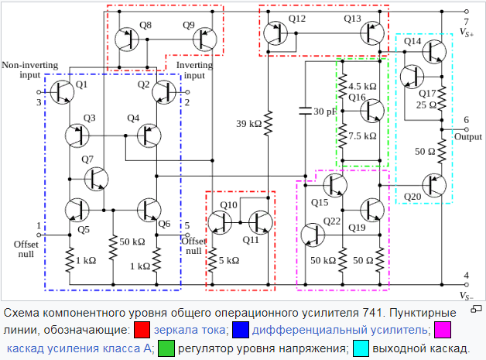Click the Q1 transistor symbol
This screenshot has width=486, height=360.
coord(62,92)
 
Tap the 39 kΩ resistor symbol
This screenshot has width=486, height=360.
coord(268,123)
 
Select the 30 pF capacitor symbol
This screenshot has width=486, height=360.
coord(306,111)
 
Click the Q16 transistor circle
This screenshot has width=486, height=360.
coord(372,111)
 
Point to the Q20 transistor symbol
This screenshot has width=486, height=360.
coord(434,186)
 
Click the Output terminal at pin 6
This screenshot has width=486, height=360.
coord(466,129)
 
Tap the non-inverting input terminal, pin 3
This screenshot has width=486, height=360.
coord(39,92)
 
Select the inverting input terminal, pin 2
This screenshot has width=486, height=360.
coord(187,92)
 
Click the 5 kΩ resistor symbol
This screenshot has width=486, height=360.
coord(212,260)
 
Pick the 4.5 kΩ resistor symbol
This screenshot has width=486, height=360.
coord(343,86)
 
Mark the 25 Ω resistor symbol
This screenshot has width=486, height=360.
coord(442,98)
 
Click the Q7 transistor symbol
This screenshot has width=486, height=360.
coord(97,179)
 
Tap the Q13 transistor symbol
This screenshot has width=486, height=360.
coord(372,33)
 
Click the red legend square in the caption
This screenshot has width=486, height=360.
coord(142,330)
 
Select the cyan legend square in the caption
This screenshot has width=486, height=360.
coord(361,348)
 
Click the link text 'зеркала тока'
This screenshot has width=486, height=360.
coord(190,330)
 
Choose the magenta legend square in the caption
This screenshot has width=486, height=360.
coord(443,330)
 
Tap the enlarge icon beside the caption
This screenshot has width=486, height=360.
coord(477,309)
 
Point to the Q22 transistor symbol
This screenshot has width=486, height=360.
coord(313,235)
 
